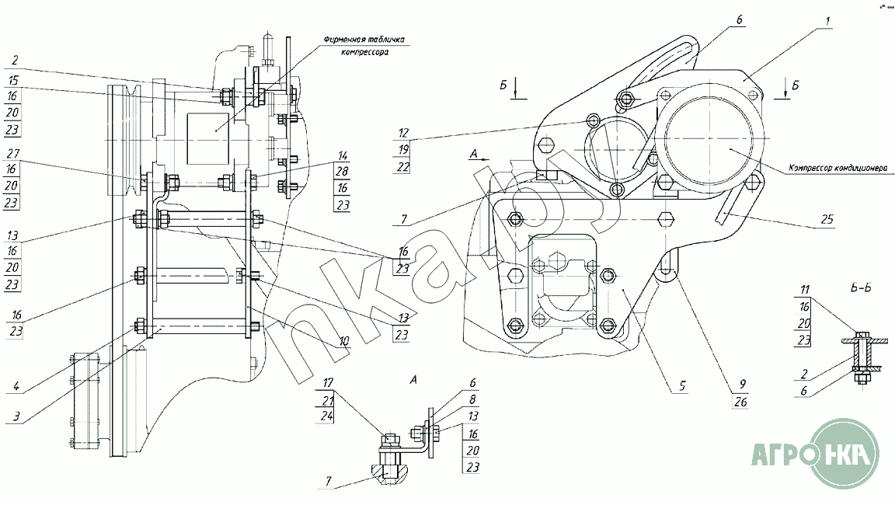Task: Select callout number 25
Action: pyautogui.click(x=827, y=219)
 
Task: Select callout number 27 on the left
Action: pyautogui.click(x=14, y=152)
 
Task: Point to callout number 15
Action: pyautogui.click(x=14, y=79)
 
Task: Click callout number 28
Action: pyautogui.click(x=342, y=169)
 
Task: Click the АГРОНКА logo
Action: pyautogui.click(x=813, y=453)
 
